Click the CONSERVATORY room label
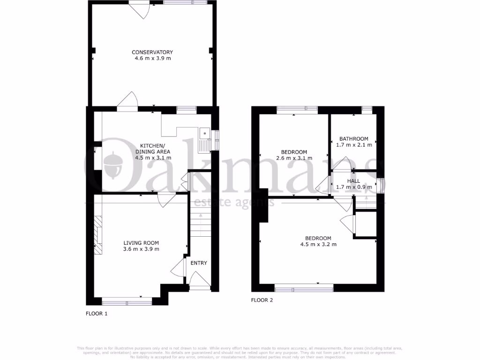tap(152, 52)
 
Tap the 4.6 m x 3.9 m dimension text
tap(152, 59)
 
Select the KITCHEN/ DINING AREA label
tap(152, 148)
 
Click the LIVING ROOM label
tap(141, 243)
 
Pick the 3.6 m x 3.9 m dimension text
tap(141, 249)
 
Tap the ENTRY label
tap(199, 263)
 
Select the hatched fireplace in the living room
tap(97, 235)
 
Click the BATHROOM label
tap(354, 139)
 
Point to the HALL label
tap(354, 181)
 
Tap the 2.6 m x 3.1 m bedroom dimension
tap(294, 158)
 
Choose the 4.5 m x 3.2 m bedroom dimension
tap(318, 244)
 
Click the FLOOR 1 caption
tap(97, 314)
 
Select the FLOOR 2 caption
tap(262, 300)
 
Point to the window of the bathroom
tap(367, 109)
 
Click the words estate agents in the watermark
tap(234, 202)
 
